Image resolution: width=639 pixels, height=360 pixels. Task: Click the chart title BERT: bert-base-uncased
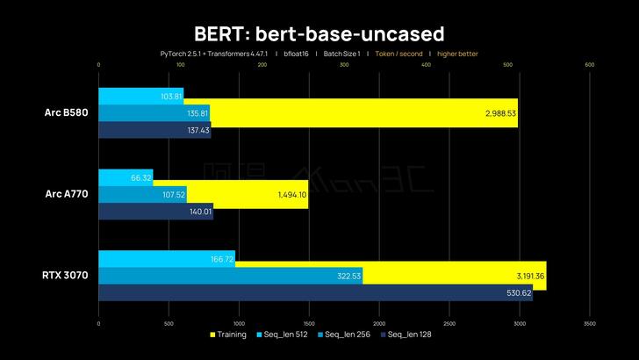(319, 32)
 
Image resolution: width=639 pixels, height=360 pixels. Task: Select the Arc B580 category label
(65, 112)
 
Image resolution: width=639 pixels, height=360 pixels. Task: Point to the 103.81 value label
(172, 96)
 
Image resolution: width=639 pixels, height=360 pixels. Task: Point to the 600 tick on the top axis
(589, 64)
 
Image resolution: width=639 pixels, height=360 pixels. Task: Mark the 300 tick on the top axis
(343, 64)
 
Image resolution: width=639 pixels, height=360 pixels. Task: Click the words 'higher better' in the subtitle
(457, 54)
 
